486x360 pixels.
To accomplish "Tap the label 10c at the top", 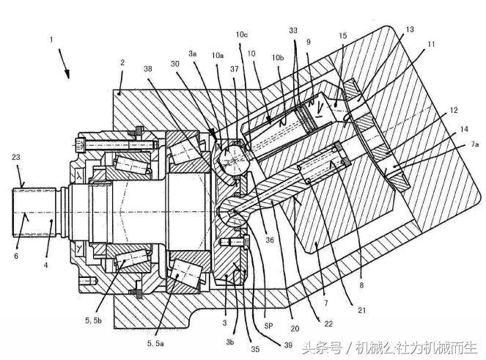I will point(242,34).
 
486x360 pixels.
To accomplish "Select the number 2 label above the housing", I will point(122,64).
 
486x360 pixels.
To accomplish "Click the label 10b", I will point(276,57).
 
